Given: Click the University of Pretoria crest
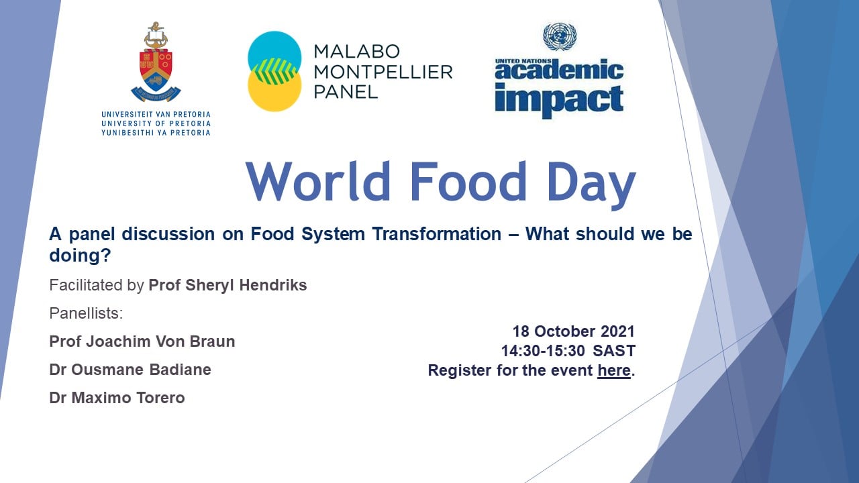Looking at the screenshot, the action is (x=156, y=62).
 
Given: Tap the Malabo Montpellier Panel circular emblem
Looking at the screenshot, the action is (x=274, y=71).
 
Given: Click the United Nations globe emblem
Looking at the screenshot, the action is (x=560, y=36).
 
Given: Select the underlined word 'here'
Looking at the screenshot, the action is (x=614, y=370).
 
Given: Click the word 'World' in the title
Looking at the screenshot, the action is (x=318, y=181).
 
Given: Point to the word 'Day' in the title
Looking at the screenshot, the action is (x=591, y=185).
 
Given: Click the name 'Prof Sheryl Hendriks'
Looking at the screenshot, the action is (x=228, y=285).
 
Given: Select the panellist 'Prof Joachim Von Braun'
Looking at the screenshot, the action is (x=142, y=341).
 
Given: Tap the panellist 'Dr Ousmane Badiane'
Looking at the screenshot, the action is (x=130, y=370).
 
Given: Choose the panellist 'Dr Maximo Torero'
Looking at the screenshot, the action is (x=117, y=398).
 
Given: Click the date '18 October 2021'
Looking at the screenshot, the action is (x=574, y=331).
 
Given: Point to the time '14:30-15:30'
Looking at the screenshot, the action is (x=543, y=351).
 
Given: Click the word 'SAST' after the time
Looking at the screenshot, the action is (x=614, y=351).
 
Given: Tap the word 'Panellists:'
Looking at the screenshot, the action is (x=86, y=313).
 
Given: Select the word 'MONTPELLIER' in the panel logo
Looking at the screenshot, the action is (x=383, y=72).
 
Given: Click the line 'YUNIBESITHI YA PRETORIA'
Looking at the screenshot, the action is (x=156, y=133).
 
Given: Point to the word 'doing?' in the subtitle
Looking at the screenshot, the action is (x=80, y=256).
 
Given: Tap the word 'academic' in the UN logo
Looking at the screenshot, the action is (x=559, y=70).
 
